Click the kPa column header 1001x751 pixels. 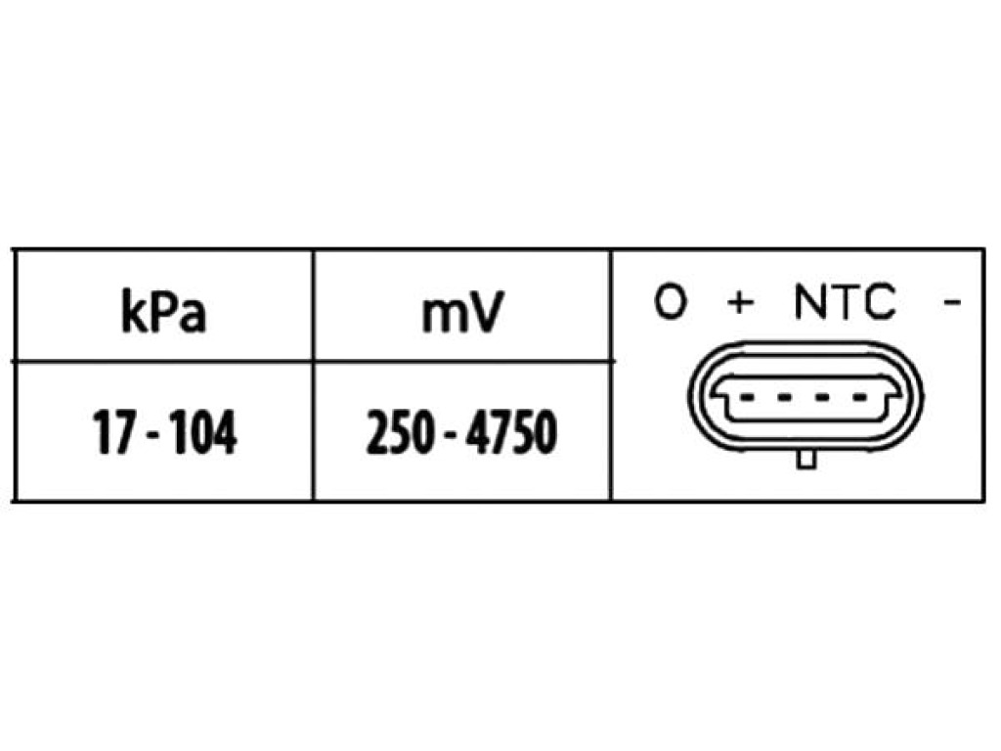point(164,312)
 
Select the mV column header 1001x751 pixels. point(462,312)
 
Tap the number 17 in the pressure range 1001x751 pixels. point(113,432)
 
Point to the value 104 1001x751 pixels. point(205,432)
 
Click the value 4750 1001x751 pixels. point(511,432)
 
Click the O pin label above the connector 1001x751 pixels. point(671,301)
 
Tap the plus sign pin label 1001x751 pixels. point(741,302)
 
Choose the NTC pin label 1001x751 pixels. point(846,301)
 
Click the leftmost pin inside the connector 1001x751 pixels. point(746,398)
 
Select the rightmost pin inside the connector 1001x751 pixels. point(861,398)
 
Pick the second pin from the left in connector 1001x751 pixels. point(784,398)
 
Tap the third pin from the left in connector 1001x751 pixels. point(823,398)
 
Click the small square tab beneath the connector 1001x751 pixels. point(806,460)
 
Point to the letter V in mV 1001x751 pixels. point(485,312)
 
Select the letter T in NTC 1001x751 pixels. point(846,301)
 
